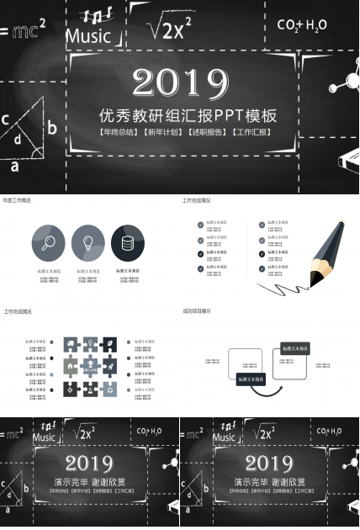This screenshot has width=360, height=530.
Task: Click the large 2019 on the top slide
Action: (x=180, y=82)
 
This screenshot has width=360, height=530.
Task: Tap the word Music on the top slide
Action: (x=88, y=36)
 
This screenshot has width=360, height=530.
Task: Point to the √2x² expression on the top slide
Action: (x=172, y=30)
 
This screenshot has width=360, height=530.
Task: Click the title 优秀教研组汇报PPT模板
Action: (x=188, y=115)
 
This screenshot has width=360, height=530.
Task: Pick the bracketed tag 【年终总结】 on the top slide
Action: (x=119, y=132)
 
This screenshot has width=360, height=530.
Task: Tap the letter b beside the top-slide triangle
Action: (x=52, y=128)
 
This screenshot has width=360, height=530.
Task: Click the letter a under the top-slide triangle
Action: (x=14, y=166)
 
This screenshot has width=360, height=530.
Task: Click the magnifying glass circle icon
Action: (x=49, y=242)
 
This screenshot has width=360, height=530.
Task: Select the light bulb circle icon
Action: (x=88, y=242)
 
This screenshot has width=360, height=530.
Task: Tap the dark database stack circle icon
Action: (x=127, y=242)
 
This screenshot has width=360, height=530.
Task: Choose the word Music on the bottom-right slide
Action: (x=225, y=437)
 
